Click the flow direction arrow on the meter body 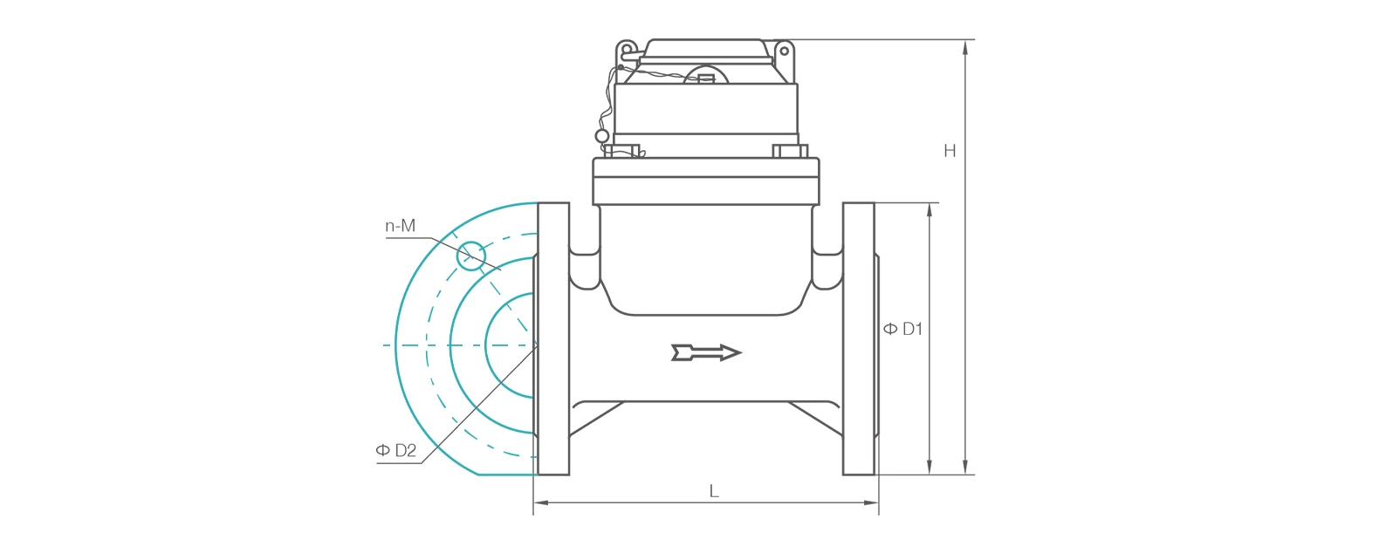point(706,352)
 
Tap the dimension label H point(950,151)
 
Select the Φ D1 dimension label point(903,329)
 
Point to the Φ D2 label point(396,450)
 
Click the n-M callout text point(400,226)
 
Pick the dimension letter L point(714,491)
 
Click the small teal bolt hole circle point(471,256)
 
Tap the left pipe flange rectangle point(553,339)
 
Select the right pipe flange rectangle point(859,339)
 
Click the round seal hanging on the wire point(602,136)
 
